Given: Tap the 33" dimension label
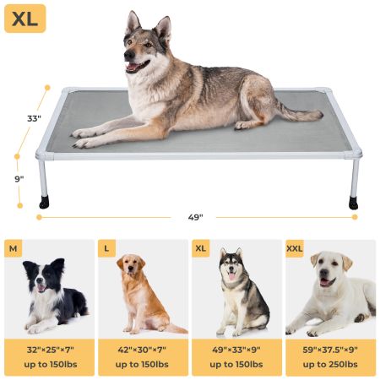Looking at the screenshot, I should pyautogui.click(x=33, y=119).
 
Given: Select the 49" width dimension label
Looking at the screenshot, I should pyautogui.click(x=195, y=217).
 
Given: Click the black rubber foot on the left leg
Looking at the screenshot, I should pyautogui.click(x=43, y=203).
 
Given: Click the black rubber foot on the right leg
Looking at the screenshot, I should pyautogui.click(x=353, y=203).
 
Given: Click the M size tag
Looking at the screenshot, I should pyautogui.click(x=13, y=248).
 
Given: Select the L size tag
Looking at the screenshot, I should pyautogui.click(x=106, y=248).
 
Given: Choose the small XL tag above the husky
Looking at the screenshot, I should pyautogui.click(x=202, y=248).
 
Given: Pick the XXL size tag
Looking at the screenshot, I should pyautogui.click(x=296, y=248).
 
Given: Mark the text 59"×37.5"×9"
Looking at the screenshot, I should pyautogui.click(x=330, y=350).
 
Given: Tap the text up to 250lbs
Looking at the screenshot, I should pyautogui.click(x=330, y=365).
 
